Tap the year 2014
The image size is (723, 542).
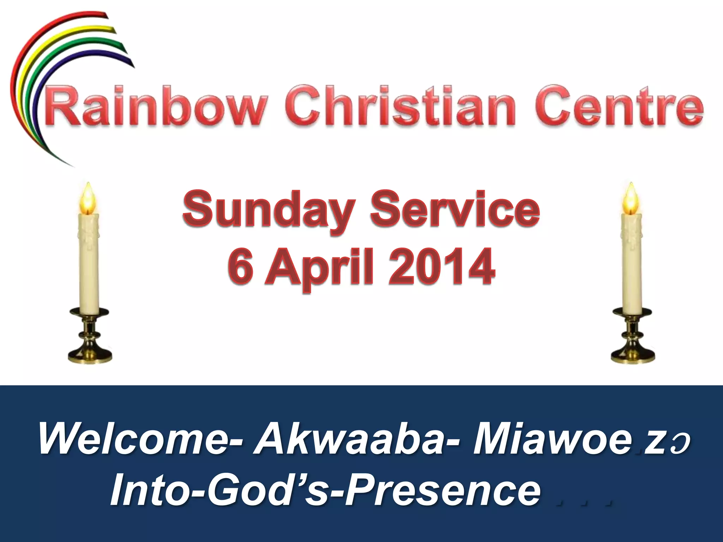pos(441,266)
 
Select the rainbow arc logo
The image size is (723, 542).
pos(53,71)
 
